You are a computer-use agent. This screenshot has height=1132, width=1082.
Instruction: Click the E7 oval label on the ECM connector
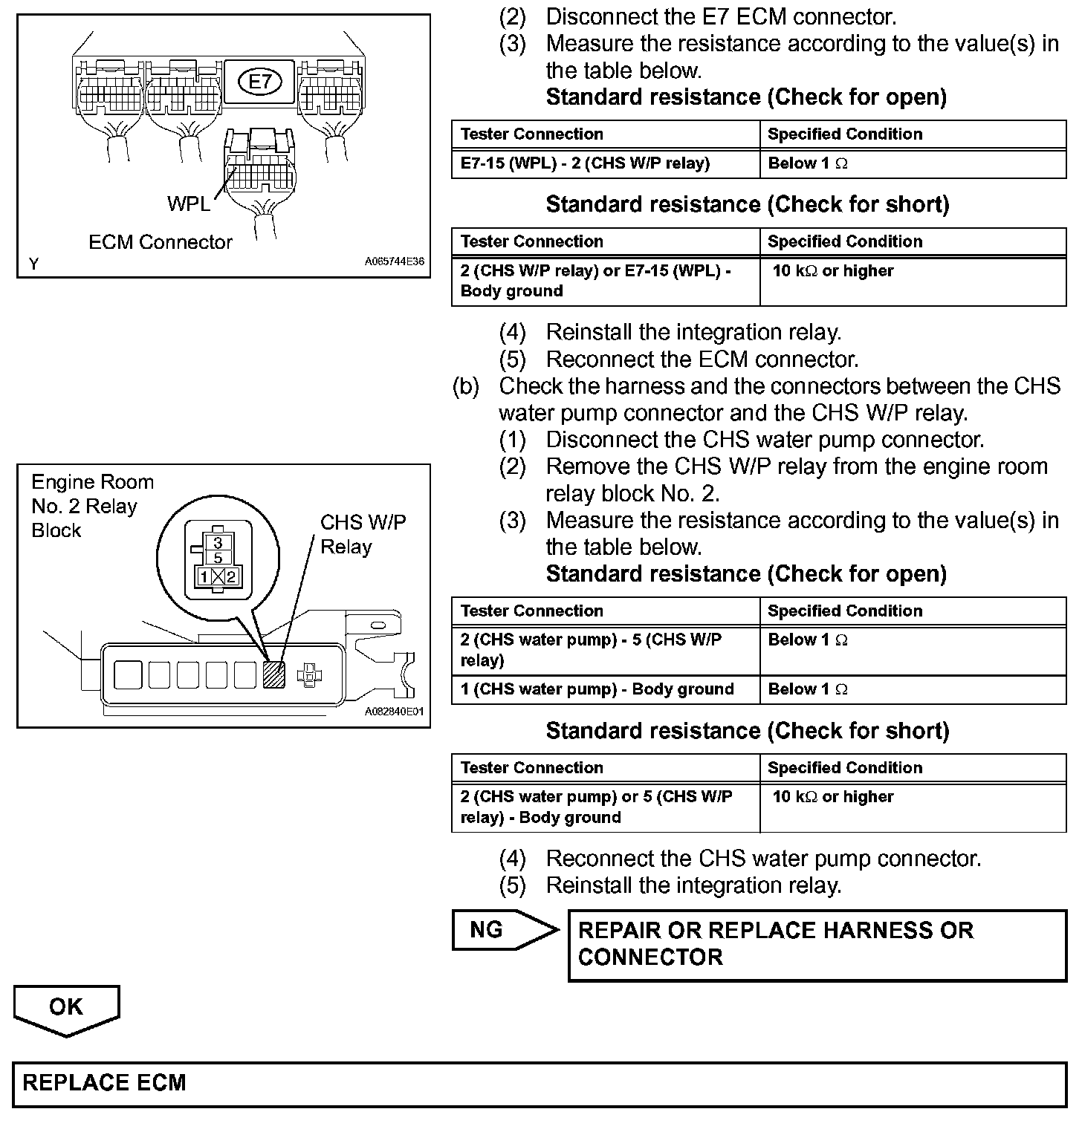coord(260,81)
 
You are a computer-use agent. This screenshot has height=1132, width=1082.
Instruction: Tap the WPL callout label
coord(189,204)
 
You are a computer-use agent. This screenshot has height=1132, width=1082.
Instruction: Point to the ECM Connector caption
coord(160,242)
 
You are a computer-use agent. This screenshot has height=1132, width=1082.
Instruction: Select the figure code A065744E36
coord(394,262)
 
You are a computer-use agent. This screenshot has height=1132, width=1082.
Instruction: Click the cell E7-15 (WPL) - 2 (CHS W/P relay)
coord(585,163)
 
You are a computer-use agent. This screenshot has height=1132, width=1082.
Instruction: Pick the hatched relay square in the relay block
coord(273,674)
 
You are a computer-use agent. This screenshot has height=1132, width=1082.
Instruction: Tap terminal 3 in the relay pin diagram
coord(218,543)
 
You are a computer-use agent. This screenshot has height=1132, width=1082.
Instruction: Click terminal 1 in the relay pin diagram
coord(204,576)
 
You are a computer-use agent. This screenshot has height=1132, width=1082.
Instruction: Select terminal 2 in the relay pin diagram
coord(231,576)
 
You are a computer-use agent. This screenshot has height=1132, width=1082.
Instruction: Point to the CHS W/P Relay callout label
coord(363,535)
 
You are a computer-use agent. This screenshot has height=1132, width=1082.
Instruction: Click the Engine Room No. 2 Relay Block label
coord(92,506)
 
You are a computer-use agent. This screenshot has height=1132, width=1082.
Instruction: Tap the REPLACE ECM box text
coord(105,1082)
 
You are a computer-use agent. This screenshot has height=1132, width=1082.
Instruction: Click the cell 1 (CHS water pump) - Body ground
coord(597,689)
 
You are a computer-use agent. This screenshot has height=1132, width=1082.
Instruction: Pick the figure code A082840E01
coord(394,711)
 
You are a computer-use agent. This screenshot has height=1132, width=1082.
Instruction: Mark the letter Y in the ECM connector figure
coord(34,263)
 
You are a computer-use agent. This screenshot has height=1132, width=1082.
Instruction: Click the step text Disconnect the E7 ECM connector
coord(721,16)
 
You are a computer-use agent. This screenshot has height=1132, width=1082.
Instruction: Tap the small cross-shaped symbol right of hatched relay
coord(309,675)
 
